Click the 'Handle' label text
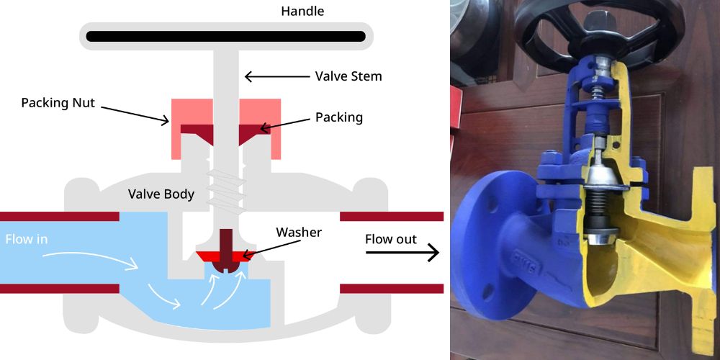coord(302,11)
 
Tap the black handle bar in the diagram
coord(224,35)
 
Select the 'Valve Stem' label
coord(348,76)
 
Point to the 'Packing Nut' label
coord(58,102)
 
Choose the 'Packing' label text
coord(338,116)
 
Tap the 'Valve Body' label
coord(161,194)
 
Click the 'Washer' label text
coord(299,233)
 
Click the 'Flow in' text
coord(27,239)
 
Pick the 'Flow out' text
coord(391,239)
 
